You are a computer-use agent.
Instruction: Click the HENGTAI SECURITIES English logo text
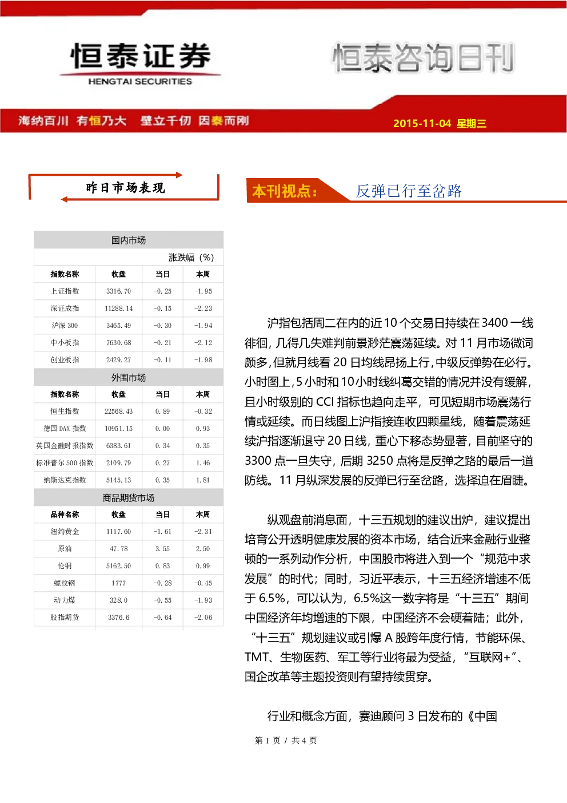pos(140,81)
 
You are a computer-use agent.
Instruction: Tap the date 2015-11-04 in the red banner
pos(422,123)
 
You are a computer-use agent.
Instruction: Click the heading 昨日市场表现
pos(125,188)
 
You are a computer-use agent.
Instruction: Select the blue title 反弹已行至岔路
pos(409,191)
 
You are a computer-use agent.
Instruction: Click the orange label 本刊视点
pos(285,191)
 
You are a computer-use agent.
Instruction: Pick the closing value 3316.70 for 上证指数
pos(118,291)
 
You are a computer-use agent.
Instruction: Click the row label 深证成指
pos(65,308)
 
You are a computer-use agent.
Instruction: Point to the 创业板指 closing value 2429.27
pos(118,359)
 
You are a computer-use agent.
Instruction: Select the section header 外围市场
pos(129,378)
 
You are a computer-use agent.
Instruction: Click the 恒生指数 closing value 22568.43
pos(118,411)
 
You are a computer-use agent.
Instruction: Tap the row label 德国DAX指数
pos(65,428)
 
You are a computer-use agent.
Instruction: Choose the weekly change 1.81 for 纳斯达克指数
pos(203,480)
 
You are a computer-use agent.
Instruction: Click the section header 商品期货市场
pos(129,498)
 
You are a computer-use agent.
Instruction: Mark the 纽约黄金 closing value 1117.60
pos(118,532)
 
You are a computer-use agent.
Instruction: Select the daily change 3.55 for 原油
pos(162,549)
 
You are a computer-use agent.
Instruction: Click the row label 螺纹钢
pos(65,583)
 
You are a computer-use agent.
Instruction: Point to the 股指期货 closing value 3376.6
pos(118,618)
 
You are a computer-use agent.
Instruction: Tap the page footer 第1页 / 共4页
pos(286,741)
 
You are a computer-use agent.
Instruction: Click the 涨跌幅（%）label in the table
pos(191,258)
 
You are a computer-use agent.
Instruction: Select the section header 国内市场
pos(129,240)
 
